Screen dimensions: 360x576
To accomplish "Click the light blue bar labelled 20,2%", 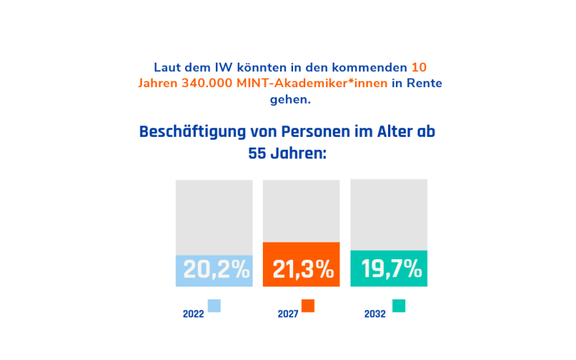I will (x=214, y=270).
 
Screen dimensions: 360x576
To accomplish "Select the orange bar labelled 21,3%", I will (x=301, y=264).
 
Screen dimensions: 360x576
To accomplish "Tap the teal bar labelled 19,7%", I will (x=389, y=269).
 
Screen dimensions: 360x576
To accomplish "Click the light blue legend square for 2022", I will (x=214, y=305).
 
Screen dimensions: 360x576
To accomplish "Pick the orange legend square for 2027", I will (x=308, y=305).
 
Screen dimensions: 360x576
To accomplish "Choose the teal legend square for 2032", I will (x=399, y=305).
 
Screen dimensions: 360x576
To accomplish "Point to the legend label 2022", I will (x=193, y=314).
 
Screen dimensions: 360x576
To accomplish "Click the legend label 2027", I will (x=288, y=314).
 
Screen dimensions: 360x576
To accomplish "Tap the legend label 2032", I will (x=375, y=314).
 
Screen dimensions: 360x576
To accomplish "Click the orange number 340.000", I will (x=204, y=84).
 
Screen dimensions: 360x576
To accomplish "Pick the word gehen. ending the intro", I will (x=290, y=99).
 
